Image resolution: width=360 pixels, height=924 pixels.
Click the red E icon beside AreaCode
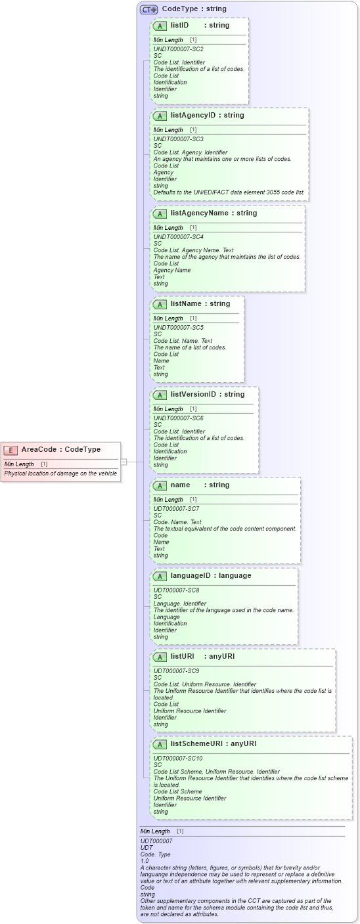coord(11,450)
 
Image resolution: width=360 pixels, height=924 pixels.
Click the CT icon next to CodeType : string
coord(148,9)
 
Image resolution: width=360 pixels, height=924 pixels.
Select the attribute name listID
coord(179,25)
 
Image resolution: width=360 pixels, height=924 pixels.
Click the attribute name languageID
coord(191,575)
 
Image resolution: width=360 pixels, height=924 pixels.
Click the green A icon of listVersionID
coord(160,395)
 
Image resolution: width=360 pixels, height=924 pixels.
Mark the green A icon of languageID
coord(160,576)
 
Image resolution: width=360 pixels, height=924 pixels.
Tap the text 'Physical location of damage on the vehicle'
coord(60,473)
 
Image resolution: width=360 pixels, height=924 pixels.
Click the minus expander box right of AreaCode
coord(124,462)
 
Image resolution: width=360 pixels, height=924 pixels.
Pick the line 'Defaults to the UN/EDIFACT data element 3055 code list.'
coord(229,192)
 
